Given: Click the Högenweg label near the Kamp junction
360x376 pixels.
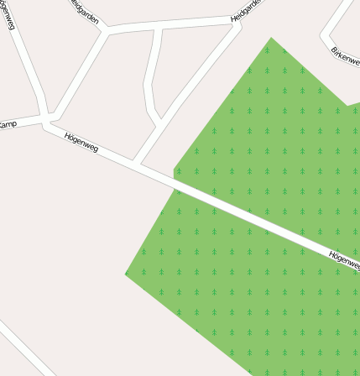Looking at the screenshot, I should click(81, 142).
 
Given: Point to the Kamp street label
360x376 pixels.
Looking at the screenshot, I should click(8, 124).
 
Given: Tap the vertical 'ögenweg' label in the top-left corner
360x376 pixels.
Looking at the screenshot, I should click(8, 15).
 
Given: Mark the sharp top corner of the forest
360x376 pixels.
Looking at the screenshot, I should click(271, 38).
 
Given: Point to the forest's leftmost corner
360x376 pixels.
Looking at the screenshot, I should click(126, 274).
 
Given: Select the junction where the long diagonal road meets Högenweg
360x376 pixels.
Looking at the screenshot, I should click(138, 162).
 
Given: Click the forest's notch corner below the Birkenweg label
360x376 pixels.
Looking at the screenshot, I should click(347, 106).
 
